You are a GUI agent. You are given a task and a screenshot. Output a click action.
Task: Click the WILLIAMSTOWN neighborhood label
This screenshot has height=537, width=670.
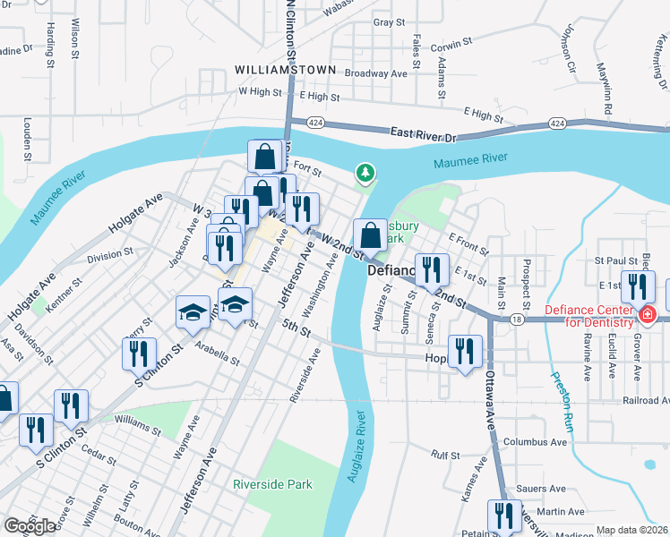[x=285, y=70]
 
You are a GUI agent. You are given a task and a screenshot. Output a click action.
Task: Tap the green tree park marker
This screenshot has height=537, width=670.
[x=365, y=172]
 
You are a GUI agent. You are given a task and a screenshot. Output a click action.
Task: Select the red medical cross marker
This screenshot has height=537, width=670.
[x=647, y=315]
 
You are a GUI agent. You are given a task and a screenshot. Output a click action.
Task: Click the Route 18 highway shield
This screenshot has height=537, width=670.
[x=518, y=318]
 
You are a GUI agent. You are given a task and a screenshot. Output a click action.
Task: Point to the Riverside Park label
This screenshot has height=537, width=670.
[x=272, y=484]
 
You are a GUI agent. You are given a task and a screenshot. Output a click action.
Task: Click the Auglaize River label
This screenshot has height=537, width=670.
[x=356, y=447]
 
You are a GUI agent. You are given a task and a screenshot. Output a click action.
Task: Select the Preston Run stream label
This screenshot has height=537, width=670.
[x=558, y=398]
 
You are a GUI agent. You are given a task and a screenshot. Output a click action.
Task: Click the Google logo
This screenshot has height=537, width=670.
[x=30, y=526]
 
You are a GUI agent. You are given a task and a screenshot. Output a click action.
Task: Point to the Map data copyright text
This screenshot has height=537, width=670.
[x=632, y=530]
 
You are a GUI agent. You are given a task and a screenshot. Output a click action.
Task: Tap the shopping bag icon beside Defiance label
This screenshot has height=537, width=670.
[x=370, y=236]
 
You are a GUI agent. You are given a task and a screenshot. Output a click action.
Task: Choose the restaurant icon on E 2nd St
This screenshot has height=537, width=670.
[x=432, y=269]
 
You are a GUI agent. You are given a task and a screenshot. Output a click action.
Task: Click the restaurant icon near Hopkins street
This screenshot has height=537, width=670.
[x=464, y=352]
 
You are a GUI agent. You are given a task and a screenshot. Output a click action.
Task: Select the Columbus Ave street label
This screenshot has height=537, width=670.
[x=536, y=442]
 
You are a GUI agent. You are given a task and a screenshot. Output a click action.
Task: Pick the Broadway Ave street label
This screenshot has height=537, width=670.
[x=376, y=73]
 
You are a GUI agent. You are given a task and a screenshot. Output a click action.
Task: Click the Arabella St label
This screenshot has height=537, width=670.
[x=217, y=354]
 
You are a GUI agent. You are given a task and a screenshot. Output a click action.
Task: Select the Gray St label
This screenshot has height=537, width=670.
[x=389, y=22]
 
